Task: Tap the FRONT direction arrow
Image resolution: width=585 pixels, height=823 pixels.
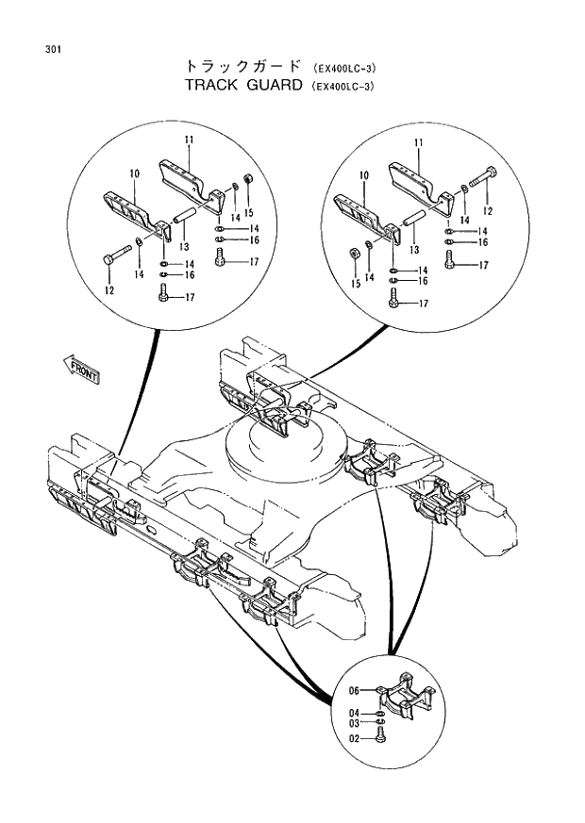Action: coord(81,369)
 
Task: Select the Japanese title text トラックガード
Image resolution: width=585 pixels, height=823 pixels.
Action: coord(241,67)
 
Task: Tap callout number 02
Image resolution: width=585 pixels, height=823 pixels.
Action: coord(354,740)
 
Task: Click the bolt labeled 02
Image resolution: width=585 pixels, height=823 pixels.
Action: coord(379,735)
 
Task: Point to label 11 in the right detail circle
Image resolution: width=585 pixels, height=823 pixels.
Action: coord(415,141)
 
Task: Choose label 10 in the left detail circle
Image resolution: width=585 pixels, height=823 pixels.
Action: coord(135,173)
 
